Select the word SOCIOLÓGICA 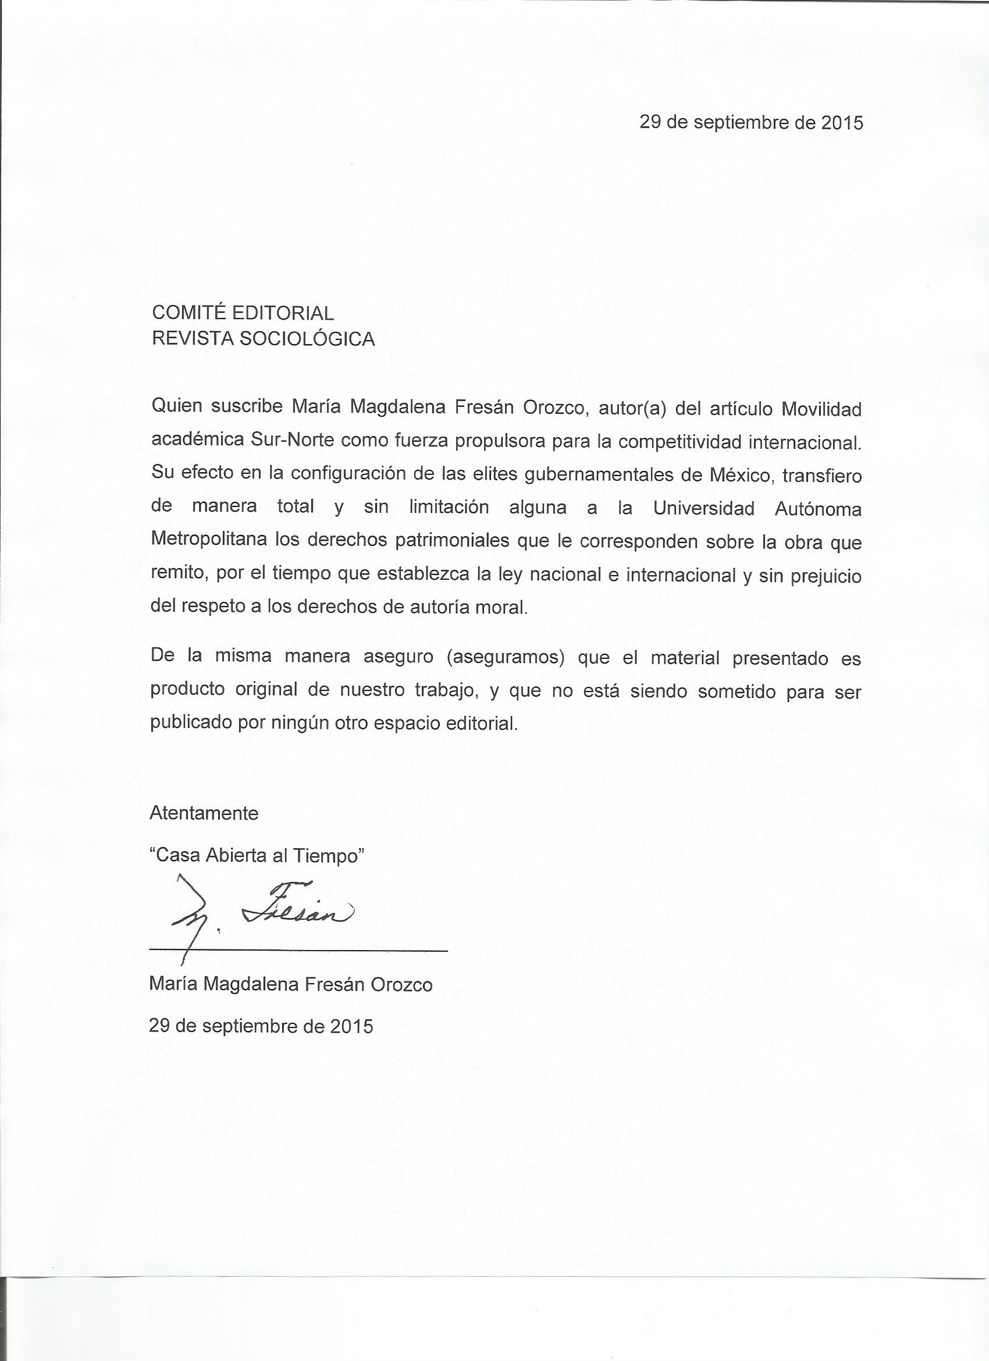point(307,339)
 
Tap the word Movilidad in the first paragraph point(821,409)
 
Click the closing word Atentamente point(204,813)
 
